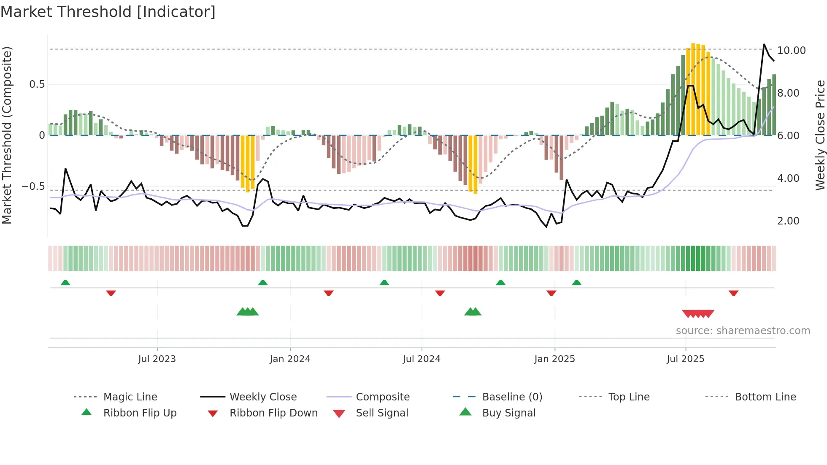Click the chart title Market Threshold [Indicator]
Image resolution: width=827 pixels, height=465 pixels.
108,12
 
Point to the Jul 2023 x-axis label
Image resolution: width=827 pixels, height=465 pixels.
157,359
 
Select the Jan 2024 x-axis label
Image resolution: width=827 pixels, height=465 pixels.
290,359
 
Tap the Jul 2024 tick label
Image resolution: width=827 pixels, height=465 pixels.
422,359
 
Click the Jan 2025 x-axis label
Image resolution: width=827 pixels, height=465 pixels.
554,359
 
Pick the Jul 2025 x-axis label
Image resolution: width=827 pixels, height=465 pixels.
685,359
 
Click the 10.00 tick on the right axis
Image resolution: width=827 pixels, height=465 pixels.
791,51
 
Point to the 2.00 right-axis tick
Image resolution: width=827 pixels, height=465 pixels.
788,221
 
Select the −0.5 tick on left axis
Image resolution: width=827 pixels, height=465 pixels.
33,187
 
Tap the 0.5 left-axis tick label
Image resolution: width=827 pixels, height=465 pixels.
37,84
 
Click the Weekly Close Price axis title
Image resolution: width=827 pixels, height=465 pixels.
820,135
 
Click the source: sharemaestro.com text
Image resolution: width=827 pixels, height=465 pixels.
743,331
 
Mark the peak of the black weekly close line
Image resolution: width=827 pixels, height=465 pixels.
764,44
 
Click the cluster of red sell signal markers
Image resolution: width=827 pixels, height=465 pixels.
698,314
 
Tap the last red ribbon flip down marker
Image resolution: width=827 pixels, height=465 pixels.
733,293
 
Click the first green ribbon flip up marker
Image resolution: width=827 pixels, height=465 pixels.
65,283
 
